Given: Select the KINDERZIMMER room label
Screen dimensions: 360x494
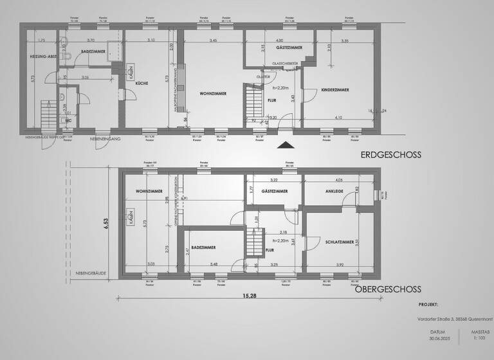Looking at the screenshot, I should (334, 91).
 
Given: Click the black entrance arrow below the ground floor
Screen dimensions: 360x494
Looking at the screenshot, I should (284, 145).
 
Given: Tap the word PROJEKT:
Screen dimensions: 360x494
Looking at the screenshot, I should (428, 305).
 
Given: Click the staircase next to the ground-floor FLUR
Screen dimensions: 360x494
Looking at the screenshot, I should (252, 104).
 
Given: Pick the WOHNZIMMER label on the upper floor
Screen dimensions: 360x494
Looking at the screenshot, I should (148, 192).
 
